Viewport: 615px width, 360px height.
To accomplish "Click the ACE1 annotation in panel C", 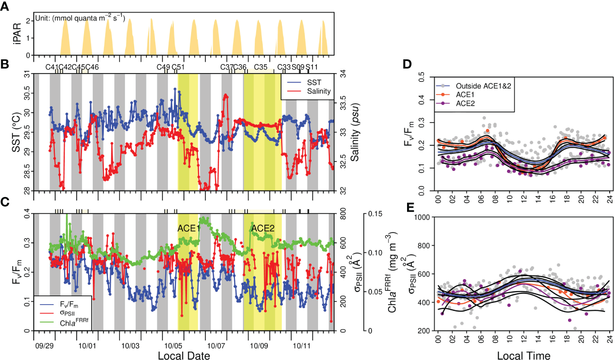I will pos(188,228).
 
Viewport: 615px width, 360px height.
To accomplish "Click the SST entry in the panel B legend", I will pos(312,83).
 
